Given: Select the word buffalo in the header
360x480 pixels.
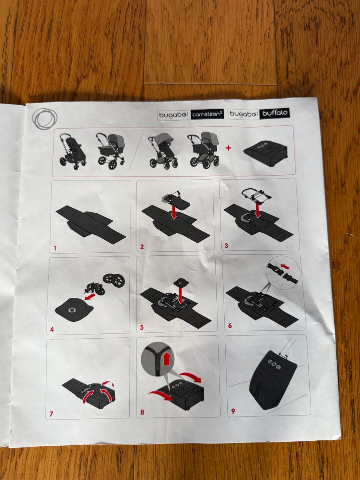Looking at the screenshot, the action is (x=275, y=113).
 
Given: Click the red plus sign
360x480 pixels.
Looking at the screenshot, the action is (x=228, y=148).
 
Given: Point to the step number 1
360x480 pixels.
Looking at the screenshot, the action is (x=55, y=248).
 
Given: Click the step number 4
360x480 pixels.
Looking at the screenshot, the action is (x=52, y=329).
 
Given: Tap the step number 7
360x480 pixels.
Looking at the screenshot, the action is (x=51, y=414).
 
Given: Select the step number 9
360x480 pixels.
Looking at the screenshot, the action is (x=233, y=411).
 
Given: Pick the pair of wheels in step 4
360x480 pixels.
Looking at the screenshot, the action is (x=114, y=279).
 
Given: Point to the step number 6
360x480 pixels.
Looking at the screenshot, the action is (x=230, y=325).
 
